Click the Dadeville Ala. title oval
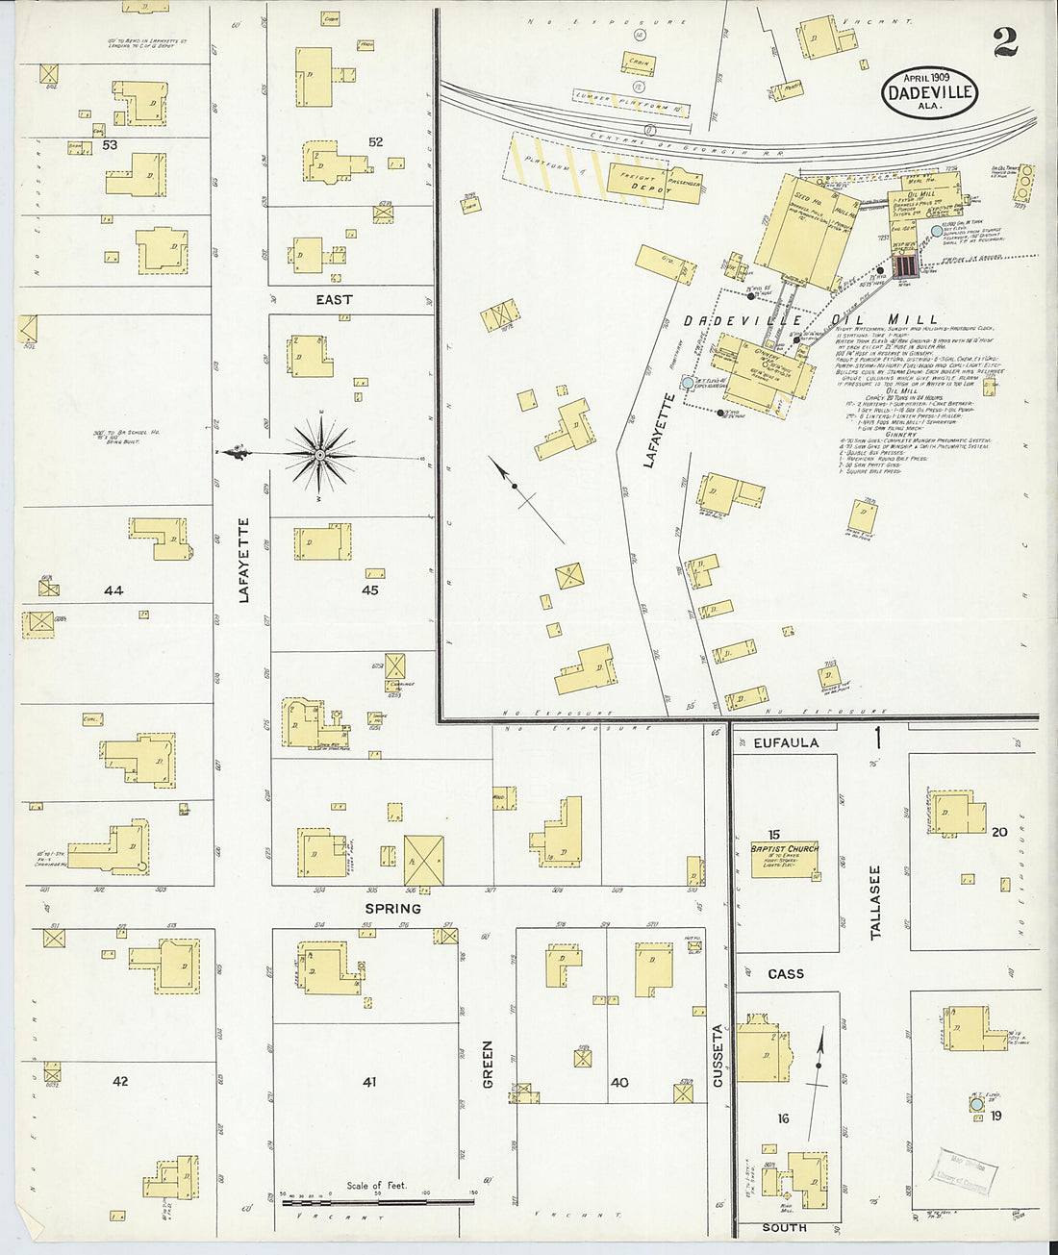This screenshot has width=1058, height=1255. click(x=929, y=93)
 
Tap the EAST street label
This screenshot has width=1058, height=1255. click(x=334, y=300)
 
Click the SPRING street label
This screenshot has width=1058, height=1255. click(x=392, y=908)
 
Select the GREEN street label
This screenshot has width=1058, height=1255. click(x=487, y=1064)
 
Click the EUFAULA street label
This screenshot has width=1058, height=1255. click(x=786, y=742)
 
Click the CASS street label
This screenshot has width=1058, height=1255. click(x=786, y=974)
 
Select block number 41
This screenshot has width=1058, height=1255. click(x=369, y=1082)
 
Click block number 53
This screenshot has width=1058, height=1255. click(x=110, y=145)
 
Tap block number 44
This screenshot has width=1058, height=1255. click(x=113, y=590)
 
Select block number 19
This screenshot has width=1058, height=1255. click(x=996, y=1116)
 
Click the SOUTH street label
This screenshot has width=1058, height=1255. click(x=785, y=1228)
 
